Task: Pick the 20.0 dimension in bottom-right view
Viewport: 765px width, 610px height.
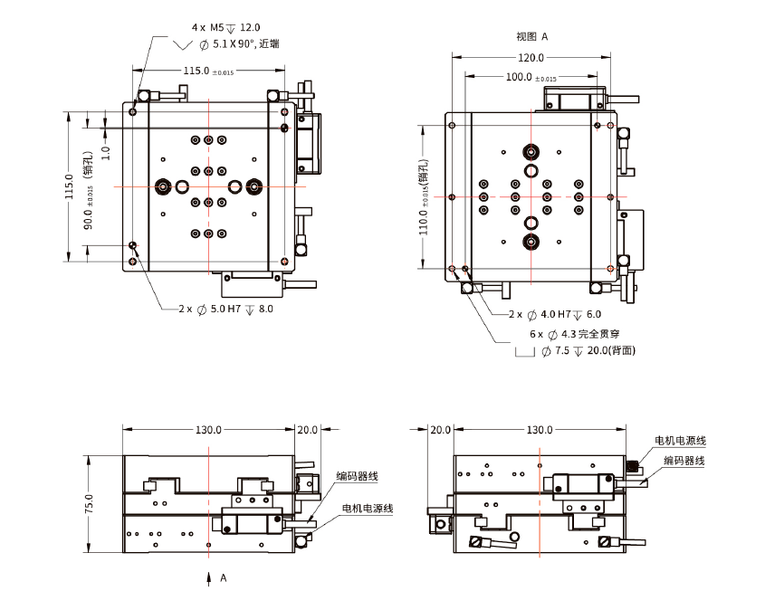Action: tap(441, 430)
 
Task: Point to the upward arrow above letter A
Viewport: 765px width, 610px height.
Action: tap(209, 577)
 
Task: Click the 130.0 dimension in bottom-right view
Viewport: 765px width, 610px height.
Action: tap(540, 430)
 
